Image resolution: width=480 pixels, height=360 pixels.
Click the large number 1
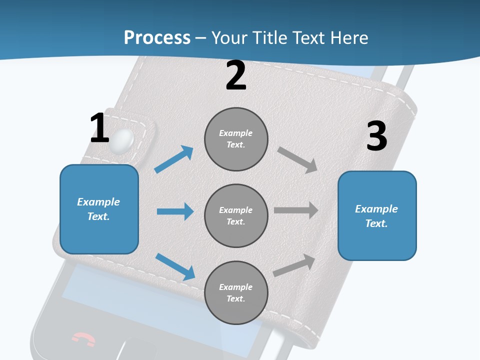[99, 128]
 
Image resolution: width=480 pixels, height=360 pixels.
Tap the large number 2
[235, 75]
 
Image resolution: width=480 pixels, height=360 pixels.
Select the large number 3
[376, 136]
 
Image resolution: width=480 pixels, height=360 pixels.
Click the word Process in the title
[157, 37]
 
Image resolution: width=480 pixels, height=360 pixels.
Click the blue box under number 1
[99, 209]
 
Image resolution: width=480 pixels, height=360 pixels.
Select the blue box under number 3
[377, 216]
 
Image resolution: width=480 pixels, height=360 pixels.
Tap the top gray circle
[236, 138]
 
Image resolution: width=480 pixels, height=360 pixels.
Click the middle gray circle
[236, 215]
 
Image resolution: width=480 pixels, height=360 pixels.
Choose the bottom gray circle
[236, 292]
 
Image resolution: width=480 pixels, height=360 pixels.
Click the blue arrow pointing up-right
[174, 159]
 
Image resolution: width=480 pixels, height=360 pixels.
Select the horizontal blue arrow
[175, 211]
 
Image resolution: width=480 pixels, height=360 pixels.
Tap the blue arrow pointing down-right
[175, 266]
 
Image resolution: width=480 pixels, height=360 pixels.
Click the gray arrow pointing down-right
[297, 159]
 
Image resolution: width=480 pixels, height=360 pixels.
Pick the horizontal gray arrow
[295, 210]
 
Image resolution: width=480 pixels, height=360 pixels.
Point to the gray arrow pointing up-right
[294, 265]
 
